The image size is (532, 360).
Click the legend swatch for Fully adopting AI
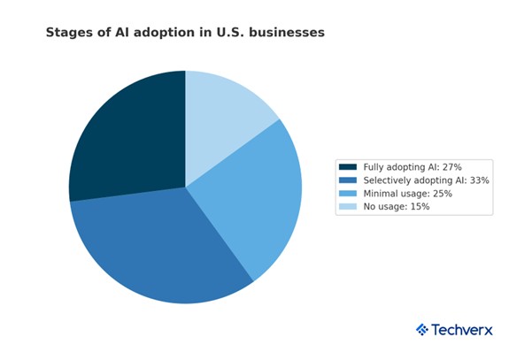tap(348, 167)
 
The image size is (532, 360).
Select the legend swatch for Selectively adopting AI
tap(348, 180)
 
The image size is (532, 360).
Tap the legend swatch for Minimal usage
tap(348, 194)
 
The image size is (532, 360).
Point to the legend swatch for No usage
tap(348, 206)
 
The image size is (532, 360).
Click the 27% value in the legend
tap(452, 167)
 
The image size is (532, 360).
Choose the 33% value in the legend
tap(480, 180)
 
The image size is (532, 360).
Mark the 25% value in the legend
tap(443, 194)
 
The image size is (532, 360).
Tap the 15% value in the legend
tap(420, 206)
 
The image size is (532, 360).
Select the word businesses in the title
tap(287, 32)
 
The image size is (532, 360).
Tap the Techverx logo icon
tap(422, 330)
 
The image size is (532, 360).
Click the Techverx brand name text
tap(462, 330)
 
